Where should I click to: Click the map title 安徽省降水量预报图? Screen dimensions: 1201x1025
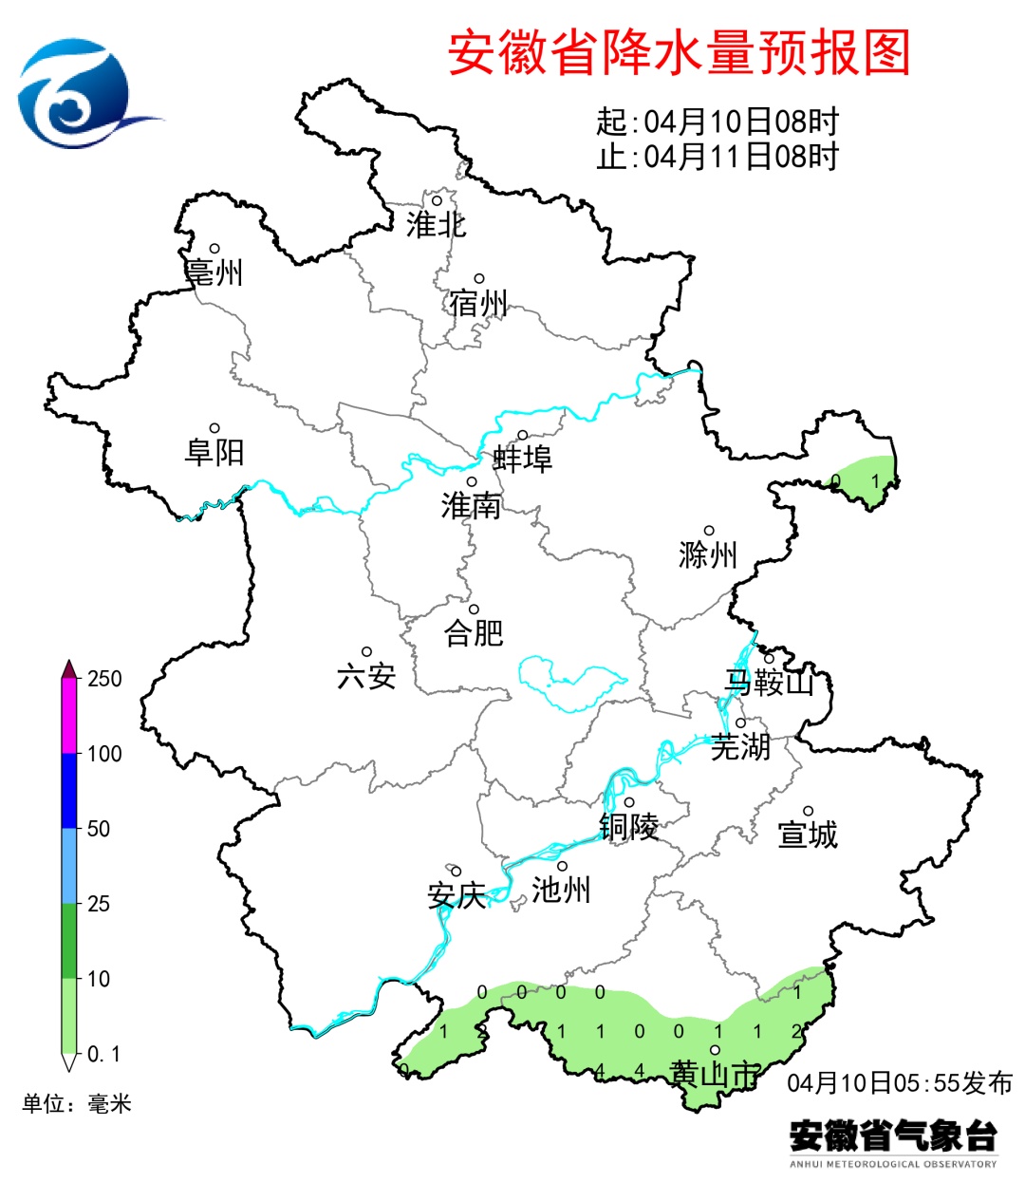679,53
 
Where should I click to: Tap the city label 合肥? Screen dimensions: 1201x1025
474,632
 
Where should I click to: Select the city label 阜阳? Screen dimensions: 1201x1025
214,452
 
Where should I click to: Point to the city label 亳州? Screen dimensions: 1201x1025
214,272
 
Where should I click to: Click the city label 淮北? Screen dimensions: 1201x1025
437,225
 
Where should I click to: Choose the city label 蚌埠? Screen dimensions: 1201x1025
522,460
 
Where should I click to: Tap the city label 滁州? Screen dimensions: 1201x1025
708,554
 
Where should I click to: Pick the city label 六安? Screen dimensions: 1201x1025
366,676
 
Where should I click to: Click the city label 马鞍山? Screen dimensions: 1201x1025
770,682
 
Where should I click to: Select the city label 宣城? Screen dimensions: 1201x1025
808,835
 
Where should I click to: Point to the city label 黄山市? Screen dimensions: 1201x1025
714,1074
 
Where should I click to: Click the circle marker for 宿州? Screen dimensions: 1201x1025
480,279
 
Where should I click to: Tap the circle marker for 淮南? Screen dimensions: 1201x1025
472,482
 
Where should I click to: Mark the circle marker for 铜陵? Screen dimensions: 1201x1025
629,802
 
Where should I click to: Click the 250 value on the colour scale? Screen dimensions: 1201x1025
104,679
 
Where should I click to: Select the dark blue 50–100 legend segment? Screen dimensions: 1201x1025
69,791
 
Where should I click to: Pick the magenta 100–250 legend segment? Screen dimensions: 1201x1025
69,716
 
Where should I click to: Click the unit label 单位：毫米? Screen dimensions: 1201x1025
77,1103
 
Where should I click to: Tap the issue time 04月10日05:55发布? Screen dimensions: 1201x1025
900,1083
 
